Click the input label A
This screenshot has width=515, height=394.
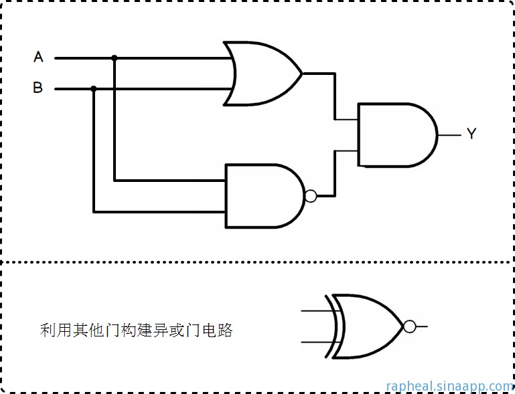coord(38,58)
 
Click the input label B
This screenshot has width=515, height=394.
coord(38,88)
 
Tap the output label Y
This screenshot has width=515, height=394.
coord(471,134)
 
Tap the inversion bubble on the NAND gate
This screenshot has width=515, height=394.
coord(310,196)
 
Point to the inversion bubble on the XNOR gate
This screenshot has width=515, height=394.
coord(410,326)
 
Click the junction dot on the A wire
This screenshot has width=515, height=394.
coord(115,58)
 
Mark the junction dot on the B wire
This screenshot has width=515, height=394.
coord(94,88)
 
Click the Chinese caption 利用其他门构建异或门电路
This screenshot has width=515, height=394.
coord(136,330)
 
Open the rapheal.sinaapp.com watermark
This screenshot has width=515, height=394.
coord(449,386)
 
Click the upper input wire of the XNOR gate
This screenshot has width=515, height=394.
coord(315,311)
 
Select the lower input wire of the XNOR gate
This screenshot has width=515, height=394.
coord(315,342)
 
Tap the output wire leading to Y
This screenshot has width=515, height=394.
coord(449,134)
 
